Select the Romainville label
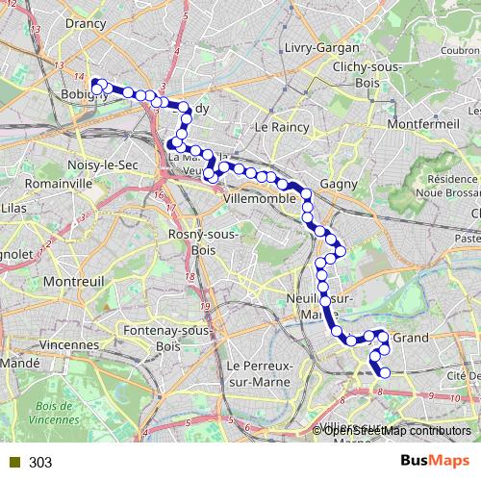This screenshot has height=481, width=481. pyautogui.click(x=59, y=183)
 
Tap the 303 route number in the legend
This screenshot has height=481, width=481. pyautogui.click(x=40, y=463)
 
